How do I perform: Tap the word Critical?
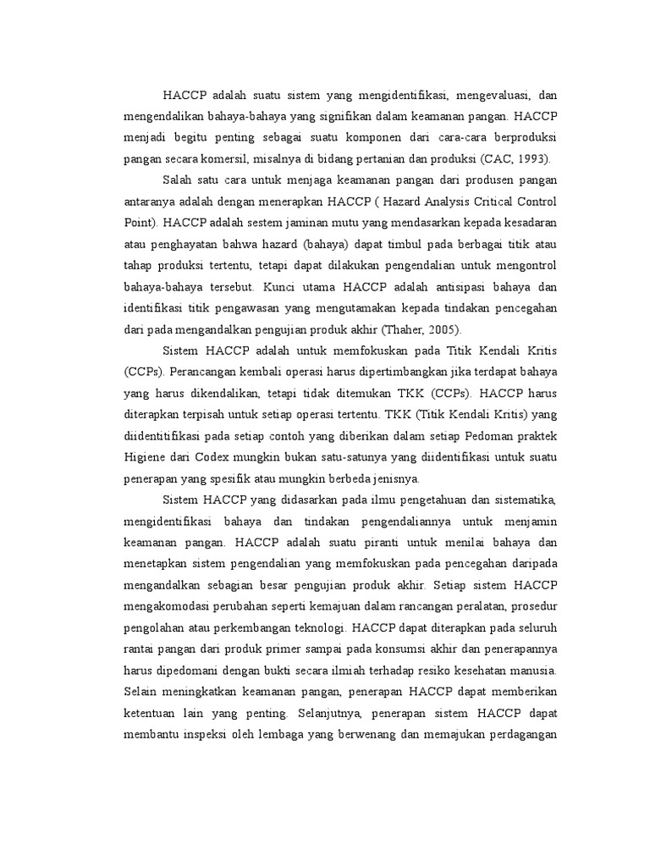click(481, 202)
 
